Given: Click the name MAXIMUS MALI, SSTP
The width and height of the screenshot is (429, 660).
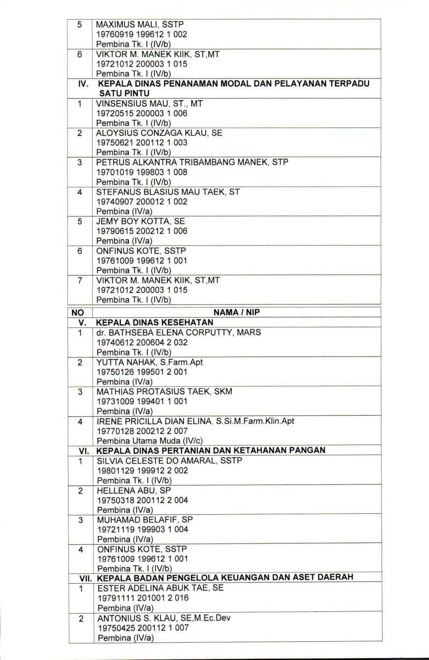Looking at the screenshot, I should point(140,24).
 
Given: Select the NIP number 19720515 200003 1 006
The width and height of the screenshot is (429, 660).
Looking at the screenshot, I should point(142,113).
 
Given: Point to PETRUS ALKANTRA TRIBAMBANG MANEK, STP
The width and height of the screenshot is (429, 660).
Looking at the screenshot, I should point(192,162).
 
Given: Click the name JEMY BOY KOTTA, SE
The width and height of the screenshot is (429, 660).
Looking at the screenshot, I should point(140,221).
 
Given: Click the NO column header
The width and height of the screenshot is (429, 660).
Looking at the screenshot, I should point(78,313).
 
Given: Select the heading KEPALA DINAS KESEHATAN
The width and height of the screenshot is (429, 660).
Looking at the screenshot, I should point(154,322).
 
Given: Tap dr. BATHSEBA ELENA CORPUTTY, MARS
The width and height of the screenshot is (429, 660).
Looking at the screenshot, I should point(179,333).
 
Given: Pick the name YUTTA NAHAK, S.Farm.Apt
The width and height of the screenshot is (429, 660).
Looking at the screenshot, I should point(150,362).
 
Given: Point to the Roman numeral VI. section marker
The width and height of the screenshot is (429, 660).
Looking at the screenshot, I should point(84,451).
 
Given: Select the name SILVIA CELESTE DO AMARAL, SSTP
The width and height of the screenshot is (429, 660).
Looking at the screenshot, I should point(170,460).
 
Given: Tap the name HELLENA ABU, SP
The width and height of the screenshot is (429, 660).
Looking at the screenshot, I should point(134,490).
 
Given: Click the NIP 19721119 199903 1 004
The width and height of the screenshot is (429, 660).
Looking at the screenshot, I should point(143,529).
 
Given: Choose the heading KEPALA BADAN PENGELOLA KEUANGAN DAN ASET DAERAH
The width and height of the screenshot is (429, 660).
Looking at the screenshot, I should point(225,577).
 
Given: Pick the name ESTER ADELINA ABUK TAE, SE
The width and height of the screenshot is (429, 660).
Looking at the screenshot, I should point(160,588).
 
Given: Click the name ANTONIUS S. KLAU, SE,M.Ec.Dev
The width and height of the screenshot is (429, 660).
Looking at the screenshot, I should point(164,618).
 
